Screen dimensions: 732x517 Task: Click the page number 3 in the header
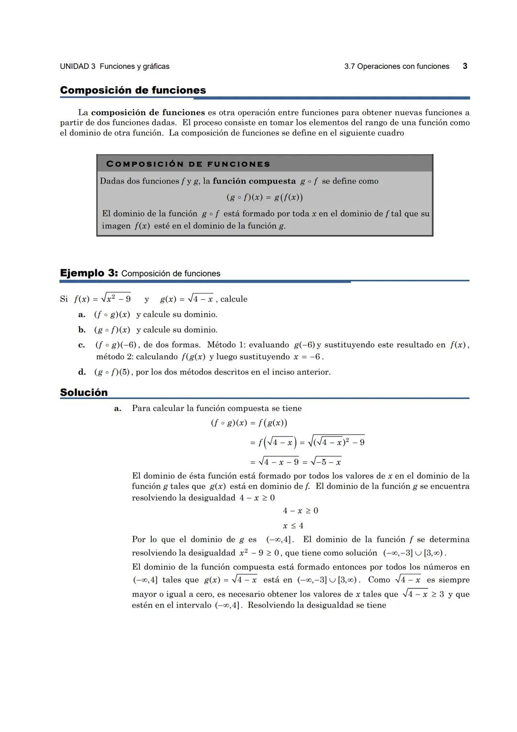pyautogui.click(x=465, y=66)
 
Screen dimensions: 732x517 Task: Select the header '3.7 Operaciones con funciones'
pyautogui.click(x=396, y=67)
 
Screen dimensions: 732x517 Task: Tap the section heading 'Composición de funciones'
pyautogui.click(x=133, y=90)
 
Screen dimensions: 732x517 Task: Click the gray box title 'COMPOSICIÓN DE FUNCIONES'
pyautogui.click(x=188, y=164)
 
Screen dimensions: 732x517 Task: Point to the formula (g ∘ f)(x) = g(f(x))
pyautogui.click(x=264, y=197)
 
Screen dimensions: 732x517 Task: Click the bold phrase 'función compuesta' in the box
pyautogui.click(x=254, y=181)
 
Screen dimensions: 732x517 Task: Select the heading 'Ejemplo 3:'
pyautogui.click(x=89, y=273)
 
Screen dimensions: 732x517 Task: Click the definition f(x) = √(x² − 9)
pyautogui.click(x=102, y=298)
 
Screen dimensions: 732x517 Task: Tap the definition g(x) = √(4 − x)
pyautogui.click(x=187, y=298)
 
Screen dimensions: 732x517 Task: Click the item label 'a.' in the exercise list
pyautogui.click(x=82, y=315)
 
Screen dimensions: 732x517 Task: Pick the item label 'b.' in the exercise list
pyautogui.click(x=82, y=330)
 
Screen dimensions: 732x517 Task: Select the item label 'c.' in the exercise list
pyautogui.click(x=82, y=345)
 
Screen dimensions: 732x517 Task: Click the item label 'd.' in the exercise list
pyautogui.click(x=82, y=372)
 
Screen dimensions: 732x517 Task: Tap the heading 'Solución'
pyautogui.click(x=84, y=392)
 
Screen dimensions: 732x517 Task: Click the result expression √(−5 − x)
pyautogui.click(x=326, y=462)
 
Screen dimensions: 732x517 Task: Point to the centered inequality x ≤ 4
pyautogui.click(x=293, y=526)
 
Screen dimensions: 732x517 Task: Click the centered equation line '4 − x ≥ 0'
pyautogui.click(x=300, y=511)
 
